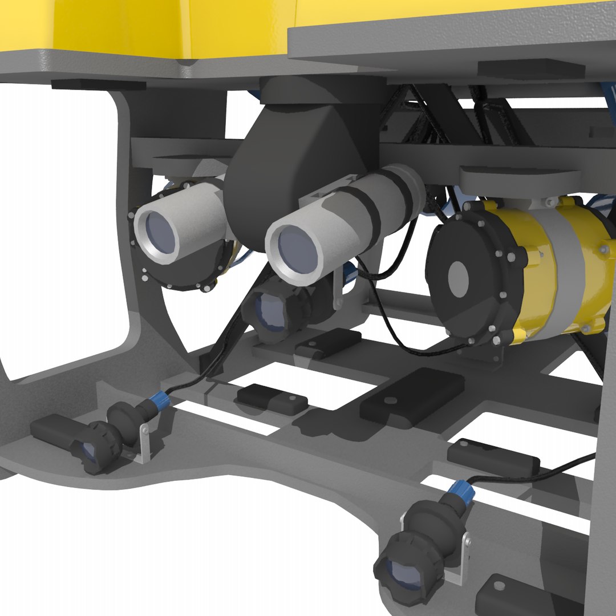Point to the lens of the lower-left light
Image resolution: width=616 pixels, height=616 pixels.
tap(88, 452)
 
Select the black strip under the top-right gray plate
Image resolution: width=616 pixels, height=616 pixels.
tap(530, 69)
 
